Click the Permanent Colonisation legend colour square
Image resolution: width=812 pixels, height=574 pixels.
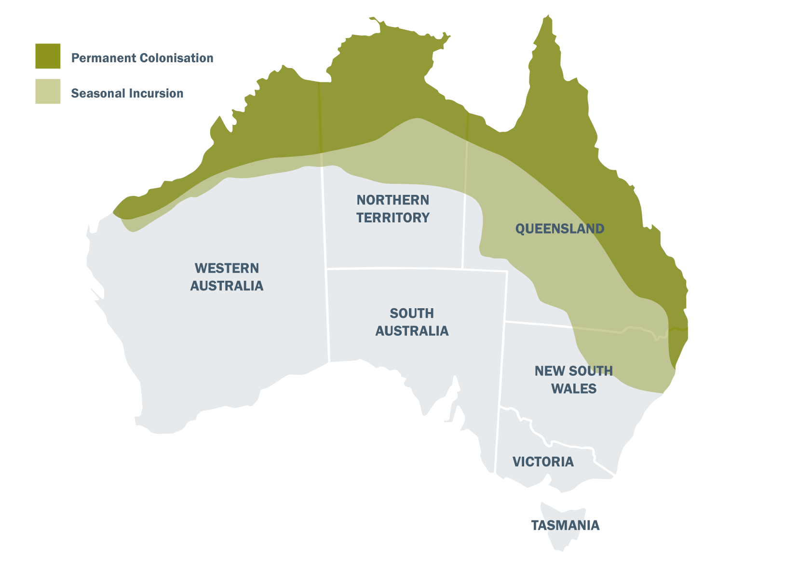tap(48, 56)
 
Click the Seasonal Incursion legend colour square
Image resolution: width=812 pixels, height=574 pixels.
tap(48, 91)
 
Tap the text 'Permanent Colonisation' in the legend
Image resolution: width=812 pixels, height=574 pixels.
tap(142, 58)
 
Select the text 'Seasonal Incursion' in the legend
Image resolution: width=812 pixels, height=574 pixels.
tap(127, 94)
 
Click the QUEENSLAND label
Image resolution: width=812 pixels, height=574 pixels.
tap(559, 229)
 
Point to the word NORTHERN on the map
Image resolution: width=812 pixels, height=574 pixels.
tap(392, 200)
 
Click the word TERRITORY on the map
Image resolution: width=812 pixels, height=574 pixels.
tap(392, 218)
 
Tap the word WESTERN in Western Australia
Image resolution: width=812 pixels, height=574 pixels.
tap(227, 268)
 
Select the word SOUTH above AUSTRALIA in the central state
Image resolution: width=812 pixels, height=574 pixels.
tap(412, 314)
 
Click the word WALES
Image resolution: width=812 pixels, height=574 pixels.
tap(573, 389)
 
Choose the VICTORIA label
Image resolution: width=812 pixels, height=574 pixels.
tap(543, 462)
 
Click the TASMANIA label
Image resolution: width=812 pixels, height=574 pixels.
tap(565, 525)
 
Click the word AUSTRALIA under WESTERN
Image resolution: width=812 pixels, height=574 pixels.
tap(227, 286)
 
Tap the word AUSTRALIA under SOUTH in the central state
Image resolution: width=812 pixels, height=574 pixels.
tap(412, 331)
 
